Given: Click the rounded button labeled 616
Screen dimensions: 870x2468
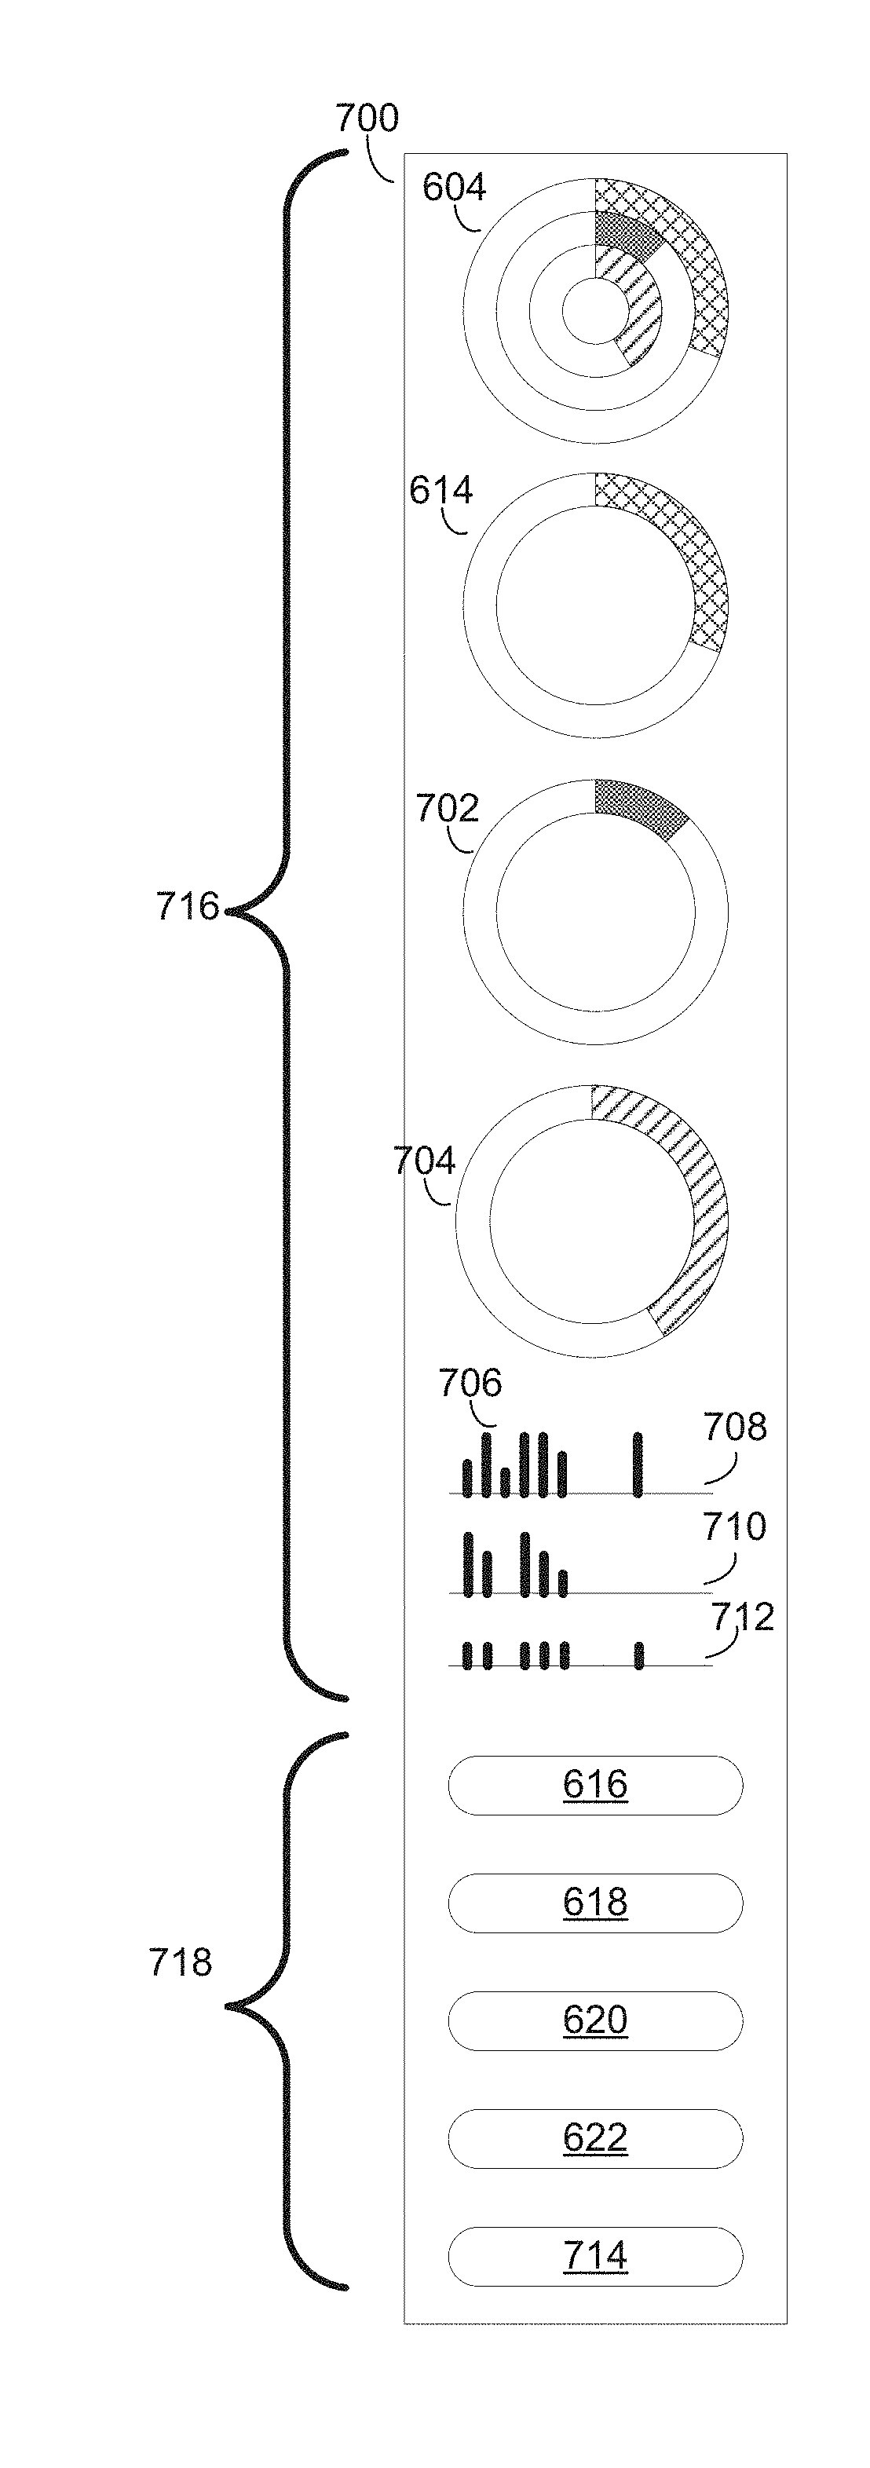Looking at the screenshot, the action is point(595,1785).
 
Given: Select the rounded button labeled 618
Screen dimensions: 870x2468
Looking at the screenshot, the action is point(595,1902).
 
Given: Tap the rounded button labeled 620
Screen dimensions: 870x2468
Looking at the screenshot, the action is point(595,2020).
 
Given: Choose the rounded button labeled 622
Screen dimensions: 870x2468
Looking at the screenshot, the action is point(595,2137).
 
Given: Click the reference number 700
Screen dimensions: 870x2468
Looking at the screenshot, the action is point(367,119).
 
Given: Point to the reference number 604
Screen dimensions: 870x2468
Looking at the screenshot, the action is point(454,188).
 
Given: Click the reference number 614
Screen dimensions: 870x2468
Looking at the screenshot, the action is point(440,491).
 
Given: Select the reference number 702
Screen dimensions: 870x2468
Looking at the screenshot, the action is point(447,810).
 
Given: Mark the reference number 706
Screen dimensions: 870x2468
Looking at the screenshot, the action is point(470,1384).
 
